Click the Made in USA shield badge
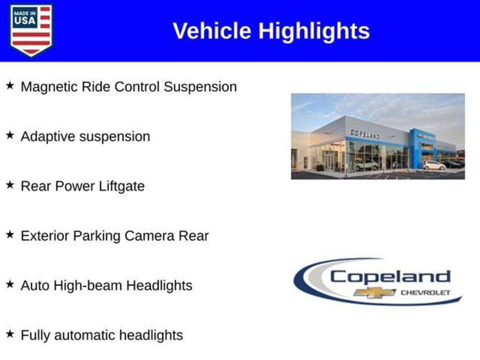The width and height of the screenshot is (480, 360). [x=31, y=30]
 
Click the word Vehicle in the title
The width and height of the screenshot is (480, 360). [x=212, y=30]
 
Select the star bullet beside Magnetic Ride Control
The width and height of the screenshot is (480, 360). [x=10, y=85]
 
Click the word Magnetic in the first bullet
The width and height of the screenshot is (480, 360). [x=49, y=87]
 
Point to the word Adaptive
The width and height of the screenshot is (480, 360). [x=48, y=137]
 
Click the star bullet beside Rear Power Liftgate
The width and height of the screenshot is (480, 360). [x=10, y=185]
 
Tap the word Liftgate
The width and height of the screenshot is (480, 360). [x=121, y=187]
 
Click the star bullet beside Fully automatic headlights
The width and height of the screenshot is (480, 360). [x=10, y=334]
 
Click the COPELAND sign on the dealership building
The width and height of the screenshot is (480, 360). [x=365, y=134]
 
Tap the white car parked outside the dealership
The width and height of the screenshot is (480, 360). [x=434, y=165]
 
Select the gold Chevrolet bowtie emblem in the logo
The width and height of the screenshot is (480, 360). [x=375, y=292]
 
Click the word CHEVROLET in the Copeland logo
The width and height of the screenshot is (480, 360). [x=426, y=292]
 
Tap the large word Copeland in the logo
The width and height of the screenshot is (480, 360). [x=390, y=277]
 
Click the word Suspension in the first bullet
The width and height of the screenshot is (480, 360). [x=200, y=87]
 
